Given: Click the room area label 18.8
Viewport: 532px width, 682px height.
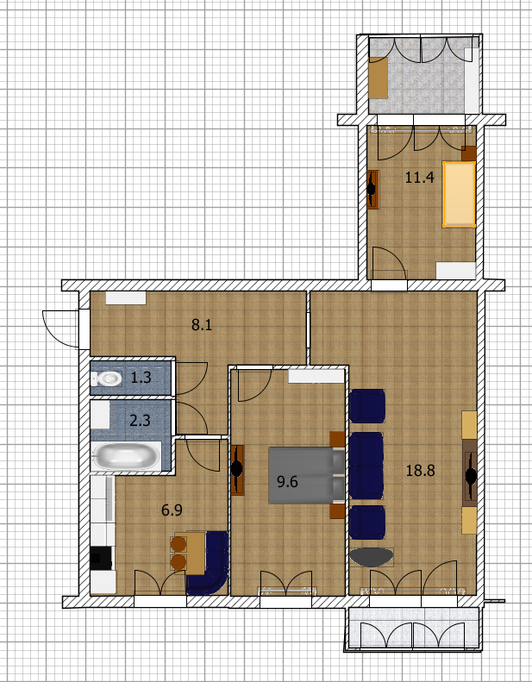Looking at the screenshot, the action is (420, 471).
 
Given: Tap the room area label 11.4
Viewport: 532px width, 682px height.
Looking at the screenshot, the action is (419, 178).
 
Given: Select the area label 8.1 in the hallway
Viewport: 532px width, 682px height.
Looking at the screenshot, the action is (202, 325).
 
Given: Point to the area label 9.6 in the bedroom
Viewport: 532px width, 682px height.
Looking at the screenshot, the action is (287, 482).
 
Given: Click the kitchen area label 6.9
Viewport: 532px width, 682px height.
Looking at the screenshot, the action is (172, 510).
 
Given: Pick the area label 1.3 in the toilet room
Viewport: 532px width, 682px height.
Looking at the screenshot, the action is (141, 378).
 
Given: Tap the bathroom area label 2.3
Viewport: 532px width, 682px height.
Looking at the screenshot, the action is (140, 421).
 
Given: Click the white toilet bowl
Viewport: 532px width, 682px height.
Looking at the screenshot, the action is (107, 379).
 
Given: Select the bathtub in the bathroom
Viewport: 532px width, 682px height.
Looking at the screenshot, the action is (126, 456).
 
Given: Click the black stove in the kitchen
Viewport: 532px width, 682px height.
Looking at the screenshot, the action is (101, 558).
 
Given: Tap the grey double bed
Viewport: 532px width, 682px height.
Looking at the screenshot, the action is (307, 475).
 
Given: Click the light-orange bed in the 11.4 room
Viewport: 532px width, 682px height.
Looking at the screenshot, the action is (459, 194).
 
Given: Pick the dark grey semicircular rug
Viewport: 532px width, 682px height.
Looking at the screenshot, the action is (372, 557).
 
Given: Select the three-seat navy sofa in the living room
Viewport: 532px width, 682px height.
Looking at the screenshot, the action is (366, 466).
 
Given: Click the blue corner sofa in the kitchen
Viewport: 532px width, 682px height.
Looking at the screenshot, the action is (209, 563).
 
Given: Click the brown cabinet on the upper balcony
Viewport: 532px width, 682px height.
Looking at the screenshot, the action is (378, 78).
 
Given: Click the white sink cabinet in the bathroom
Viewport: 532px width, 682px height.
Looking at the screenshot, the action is (100, 415).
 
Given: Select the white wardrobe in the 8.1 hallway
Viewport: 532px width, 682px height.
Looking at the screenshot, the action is (126, 298).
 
